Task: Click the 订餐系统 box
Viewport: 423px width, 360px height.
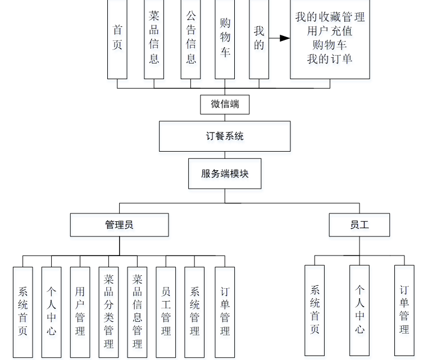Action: coord(225,136)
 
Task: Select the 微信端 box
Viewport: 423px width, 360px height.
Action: coord(224,104)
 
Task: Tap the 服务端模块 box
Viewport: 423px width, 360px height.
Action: coord(225,174)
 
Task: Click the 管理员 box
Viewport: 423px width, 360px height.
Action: coord(119,225)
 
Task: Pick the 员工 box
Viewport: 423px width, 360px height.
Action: coord(360,225)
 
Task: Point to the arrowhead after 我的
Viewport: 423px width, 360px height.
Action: coord(285,38)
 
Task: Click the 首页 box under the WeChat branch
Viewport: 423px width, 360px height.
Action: coord(117,38)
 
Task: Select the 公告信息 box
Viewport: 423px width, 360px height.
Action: coord(191,38)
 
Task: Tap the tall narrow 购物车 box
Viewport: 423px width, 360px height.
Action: coord(225,38)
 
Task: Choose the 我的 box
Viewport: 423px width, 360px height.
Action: coord(258,38)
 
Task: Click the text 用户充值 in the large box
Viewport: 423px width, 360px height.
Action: coord(330,30)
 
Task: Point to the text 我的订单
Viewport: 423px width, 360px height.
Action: coord(330,58)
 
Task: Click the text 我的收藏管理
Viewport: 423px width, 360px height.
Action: coord(330,17)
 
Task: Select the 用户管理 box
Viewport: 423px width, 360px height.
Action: coord(80,312)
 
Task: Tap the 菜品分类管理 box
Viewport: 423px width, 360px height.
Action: coord(108,312)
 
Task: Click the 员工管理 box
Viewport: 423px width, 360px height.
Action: coord(166,312)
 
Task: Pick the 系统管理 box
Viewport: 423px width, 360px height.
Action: coord(194,312)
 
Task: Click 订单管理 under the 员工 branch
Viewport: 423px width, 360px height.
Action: coord(404,309)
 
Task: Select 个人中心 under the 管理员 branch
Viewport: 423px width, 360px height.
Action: coord(51,312)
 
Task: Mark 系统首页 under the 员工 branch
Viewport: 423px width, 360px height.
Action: coord(315,309)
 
